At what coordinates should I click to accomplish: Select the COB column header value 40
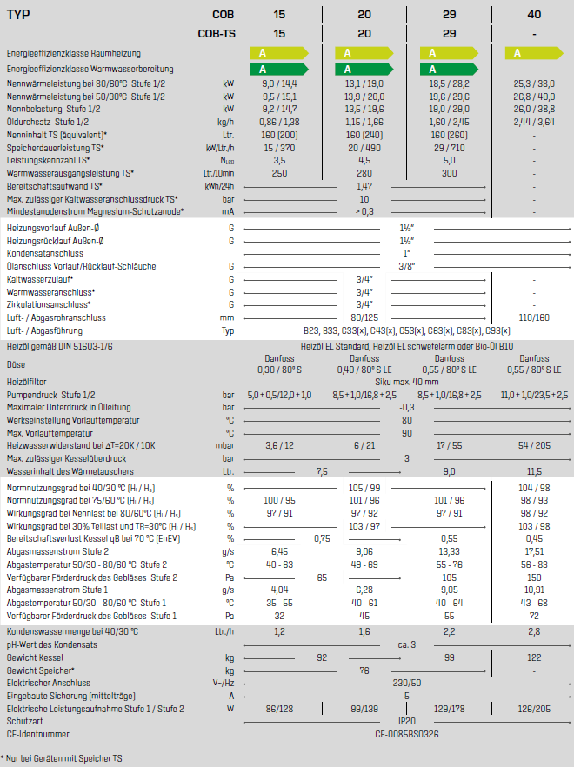pos(533,15)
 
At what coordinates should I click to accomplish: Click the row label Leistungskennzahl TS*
pos(48,161)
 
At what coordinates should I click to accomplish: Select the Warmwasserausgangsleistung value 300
pos(449,173)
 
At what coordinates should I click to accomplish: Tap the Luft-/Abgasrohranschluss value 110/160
pos(533,317)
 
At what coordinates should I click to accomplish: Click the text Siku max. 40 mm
pos(407,382)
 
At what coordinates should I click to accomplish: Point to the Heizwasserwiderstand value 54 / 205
pos(533,444)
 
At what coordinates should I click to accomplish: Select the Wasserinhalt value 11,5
pos(533,470)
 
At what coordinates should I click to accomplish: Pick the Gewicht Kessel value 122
pos(533,657)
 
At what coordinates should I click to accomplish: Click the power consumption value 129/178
pos(449,709)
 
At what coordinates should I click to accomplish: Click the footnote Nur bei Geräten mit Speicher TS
pos(63,758)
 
